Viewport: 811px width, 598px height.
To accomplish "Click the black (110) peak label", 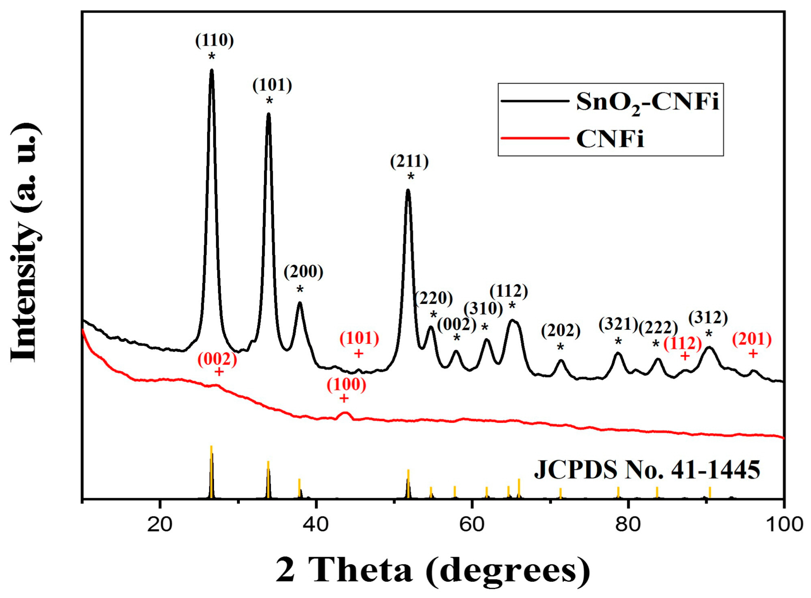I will [214, 41].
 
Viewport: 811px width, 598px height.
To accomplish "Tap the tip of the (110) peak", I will [211, 71].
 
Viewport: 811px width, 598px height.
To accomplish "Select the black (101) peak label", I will [272, 85].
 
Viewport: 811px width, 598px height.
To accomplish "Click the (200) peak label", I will [303, 272].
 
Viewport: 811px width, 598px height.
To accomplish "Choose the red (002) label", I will [217, 360].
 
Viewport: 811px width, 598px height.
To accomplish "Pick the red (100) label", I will [346, 385].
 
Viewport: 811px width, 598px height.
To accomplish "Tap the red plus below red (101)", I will [359, 354].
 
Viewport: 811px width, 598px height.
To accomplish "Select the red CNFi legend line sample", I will [534, 138].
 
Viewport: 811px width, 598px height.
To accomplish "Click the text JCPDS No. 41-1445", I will [647, 470].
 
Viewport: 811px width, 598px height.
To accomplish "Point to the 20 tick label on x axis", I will [160, 524].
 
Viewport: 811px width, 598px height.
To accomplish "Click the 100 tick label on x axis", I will [783, 524].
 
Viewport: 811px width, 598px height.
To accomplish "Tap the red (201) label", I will [752, 340].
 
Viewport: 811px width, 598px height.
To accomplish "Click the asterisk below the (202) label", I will [560, 347].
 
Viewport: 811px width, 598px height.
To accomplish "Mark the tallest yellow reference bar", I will [211, 470].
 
